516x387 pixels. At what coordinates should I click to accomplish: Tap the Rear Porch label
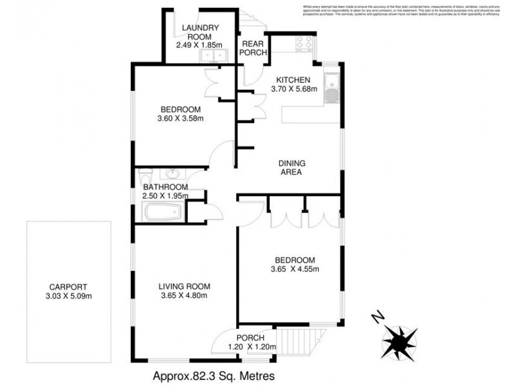point(253,48)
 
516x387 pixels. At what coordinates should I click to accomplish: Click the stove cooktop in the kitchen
point(303,43)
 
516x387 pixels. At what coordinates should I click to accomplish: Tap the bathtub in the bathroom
point(161,210)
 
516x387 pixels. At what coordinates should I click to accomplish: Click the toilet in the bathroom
point(144,175)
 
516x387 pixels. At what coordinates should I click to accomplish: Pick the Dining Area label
point(291,168)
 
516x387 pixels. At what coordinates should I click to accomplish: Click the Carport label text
point(68,287)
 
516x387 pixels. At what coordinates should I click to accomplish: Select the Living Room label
point(185,286)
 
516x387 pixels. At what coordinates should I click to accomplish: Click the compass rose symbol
point(399,339)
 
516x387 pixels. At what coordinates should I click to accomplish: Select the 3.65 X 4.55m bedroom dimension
point(293,270)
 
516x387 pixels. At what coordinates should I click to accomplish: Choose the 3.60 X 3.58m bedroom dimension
point(180,118)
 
